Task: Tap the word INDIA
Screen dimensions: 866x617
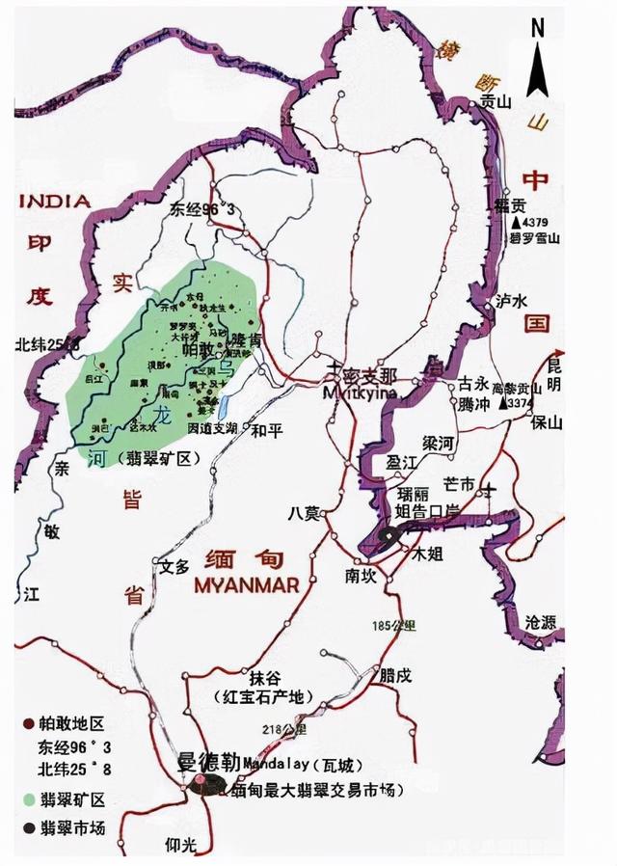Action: point(55,202)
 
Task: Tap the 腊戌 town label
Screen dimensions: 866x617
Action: point(395,675)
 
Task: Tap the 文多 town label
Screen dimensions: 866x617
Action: point(174,566)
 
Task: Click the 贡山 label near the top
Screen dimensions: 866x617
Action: point(496,99)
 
